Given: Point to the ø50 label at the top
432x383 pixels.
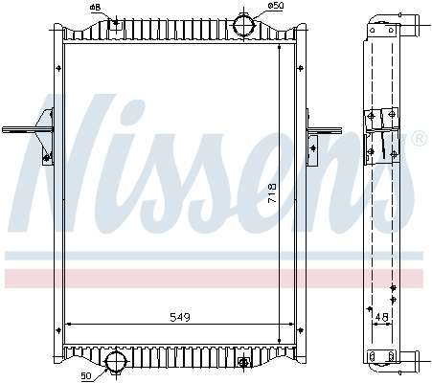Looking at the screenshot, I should click(276, 7).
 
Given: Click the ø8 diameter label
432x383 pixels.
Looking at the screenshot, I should click(95, 8).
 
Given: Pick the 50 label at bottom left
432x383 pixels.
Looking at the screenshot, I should click(86, 374).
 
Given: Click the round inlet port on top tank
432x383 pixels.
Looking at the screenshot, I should click(247, 24).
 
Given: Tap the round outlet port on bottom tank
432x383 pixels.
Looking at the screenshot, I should click(116, 362).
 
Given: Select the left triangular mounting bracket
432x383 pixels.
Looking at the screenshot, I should click(43, 131).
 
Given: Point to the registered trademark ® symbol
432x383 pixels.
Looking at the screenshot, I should click(419, 140).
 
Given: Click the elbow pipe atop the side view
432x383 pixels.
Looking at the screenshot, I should click(411, 20).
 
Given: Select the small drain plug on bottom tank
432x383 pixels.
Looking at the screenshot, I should click(243, 362).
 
